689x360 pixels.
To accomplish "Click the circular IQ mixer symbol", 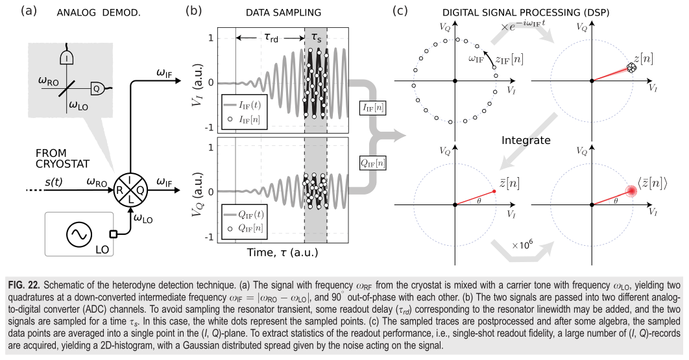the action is pos(130,190).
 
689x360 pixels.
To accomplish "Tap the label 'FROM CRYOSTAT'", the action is pos(62,158).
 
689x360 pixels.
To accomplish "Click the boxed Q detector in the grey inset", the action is pos(96,88).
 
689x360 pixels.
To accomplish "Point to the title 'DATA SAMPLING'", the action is pos(284,13).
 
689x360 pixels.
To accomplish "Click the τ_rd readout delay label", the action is pos(271,38).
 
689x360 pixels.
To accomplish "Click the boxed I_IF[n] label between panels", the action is pos(373,107).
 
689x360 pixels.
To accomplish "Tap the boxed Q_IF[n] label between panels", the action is pos(373,163).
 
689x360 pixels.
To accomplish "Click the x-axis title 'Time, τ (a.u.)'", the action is pos(283,252).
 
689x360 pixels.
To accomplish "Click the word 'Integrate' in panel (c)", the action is pos(526,140).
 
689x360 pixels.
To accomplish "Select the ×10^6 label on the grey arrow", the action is pos(522,244).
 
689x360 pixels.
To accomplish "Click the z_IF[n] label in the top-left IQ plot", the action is pos(509,58).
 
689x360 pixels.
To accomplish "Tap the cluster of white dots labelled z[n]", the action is pos(631,67).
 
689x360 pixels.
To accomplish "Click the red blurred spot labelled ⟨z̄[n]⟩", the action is pos(632,191).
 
